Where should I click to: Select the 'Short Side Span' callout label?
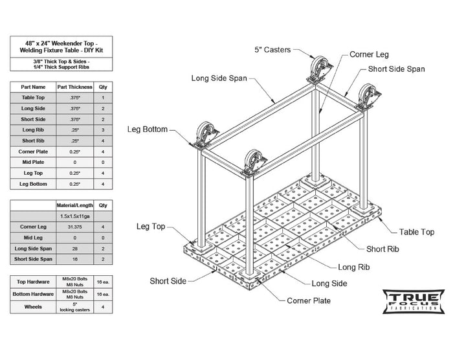point(397,69)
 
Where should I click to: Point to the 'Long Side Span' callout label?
point(219,78)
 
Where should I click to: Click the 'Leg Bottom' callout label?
point(148,129)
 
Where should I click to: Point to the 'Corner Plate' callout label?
point(309,300)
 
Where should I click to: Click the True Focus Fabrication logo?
point(413,301)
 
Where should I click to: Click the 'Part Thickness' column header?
point(74,87)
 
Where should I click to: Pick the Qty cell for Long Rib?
point(103,129)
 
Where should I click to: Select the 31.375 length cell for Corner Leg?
point(74,227)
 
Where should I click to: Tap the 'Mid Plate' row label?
point(33,162)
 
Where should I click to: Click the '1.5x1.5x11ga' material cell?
point(74,216)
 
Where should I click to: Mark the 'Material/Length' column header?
point(74,205)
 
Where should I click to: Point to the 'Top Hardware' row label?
point(33,283)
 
